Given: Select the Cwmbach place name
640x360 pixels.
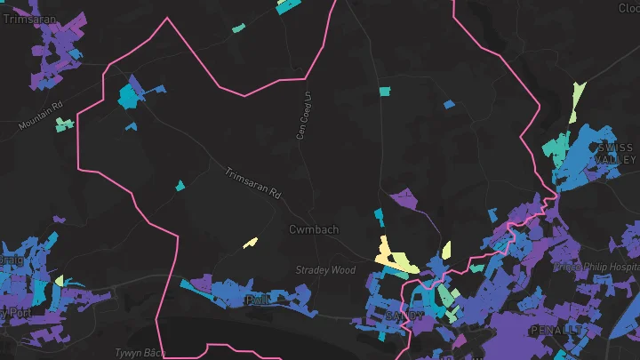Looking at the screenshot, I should [314, 229].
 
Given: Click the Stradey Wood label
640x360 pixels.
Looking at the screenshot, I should [325, 270].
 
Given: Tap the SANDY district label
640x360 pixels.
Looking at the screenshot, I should [405, 316].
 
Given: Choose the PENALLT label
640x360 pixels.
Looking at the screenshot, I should [559, 330].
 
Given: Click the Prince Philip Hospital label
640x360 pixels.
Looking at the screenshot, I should [596, 266].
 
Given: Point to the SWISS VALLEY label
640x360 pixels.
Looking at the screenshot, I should [616, 153].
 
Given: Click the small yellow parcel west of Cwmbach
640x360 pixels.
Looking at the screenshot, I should [251, 242].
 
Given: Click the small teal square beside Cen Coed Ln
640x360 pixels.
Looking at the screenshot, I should [384, 91].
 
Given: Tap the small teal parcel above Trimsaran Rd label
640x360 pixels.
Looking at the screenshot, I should [180, 186].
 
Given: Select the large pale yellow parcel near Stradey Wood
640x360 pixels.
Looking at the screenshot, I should [391, 256].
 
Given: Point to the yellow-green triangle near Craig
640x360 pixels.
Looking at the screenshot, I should [60, 281].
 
